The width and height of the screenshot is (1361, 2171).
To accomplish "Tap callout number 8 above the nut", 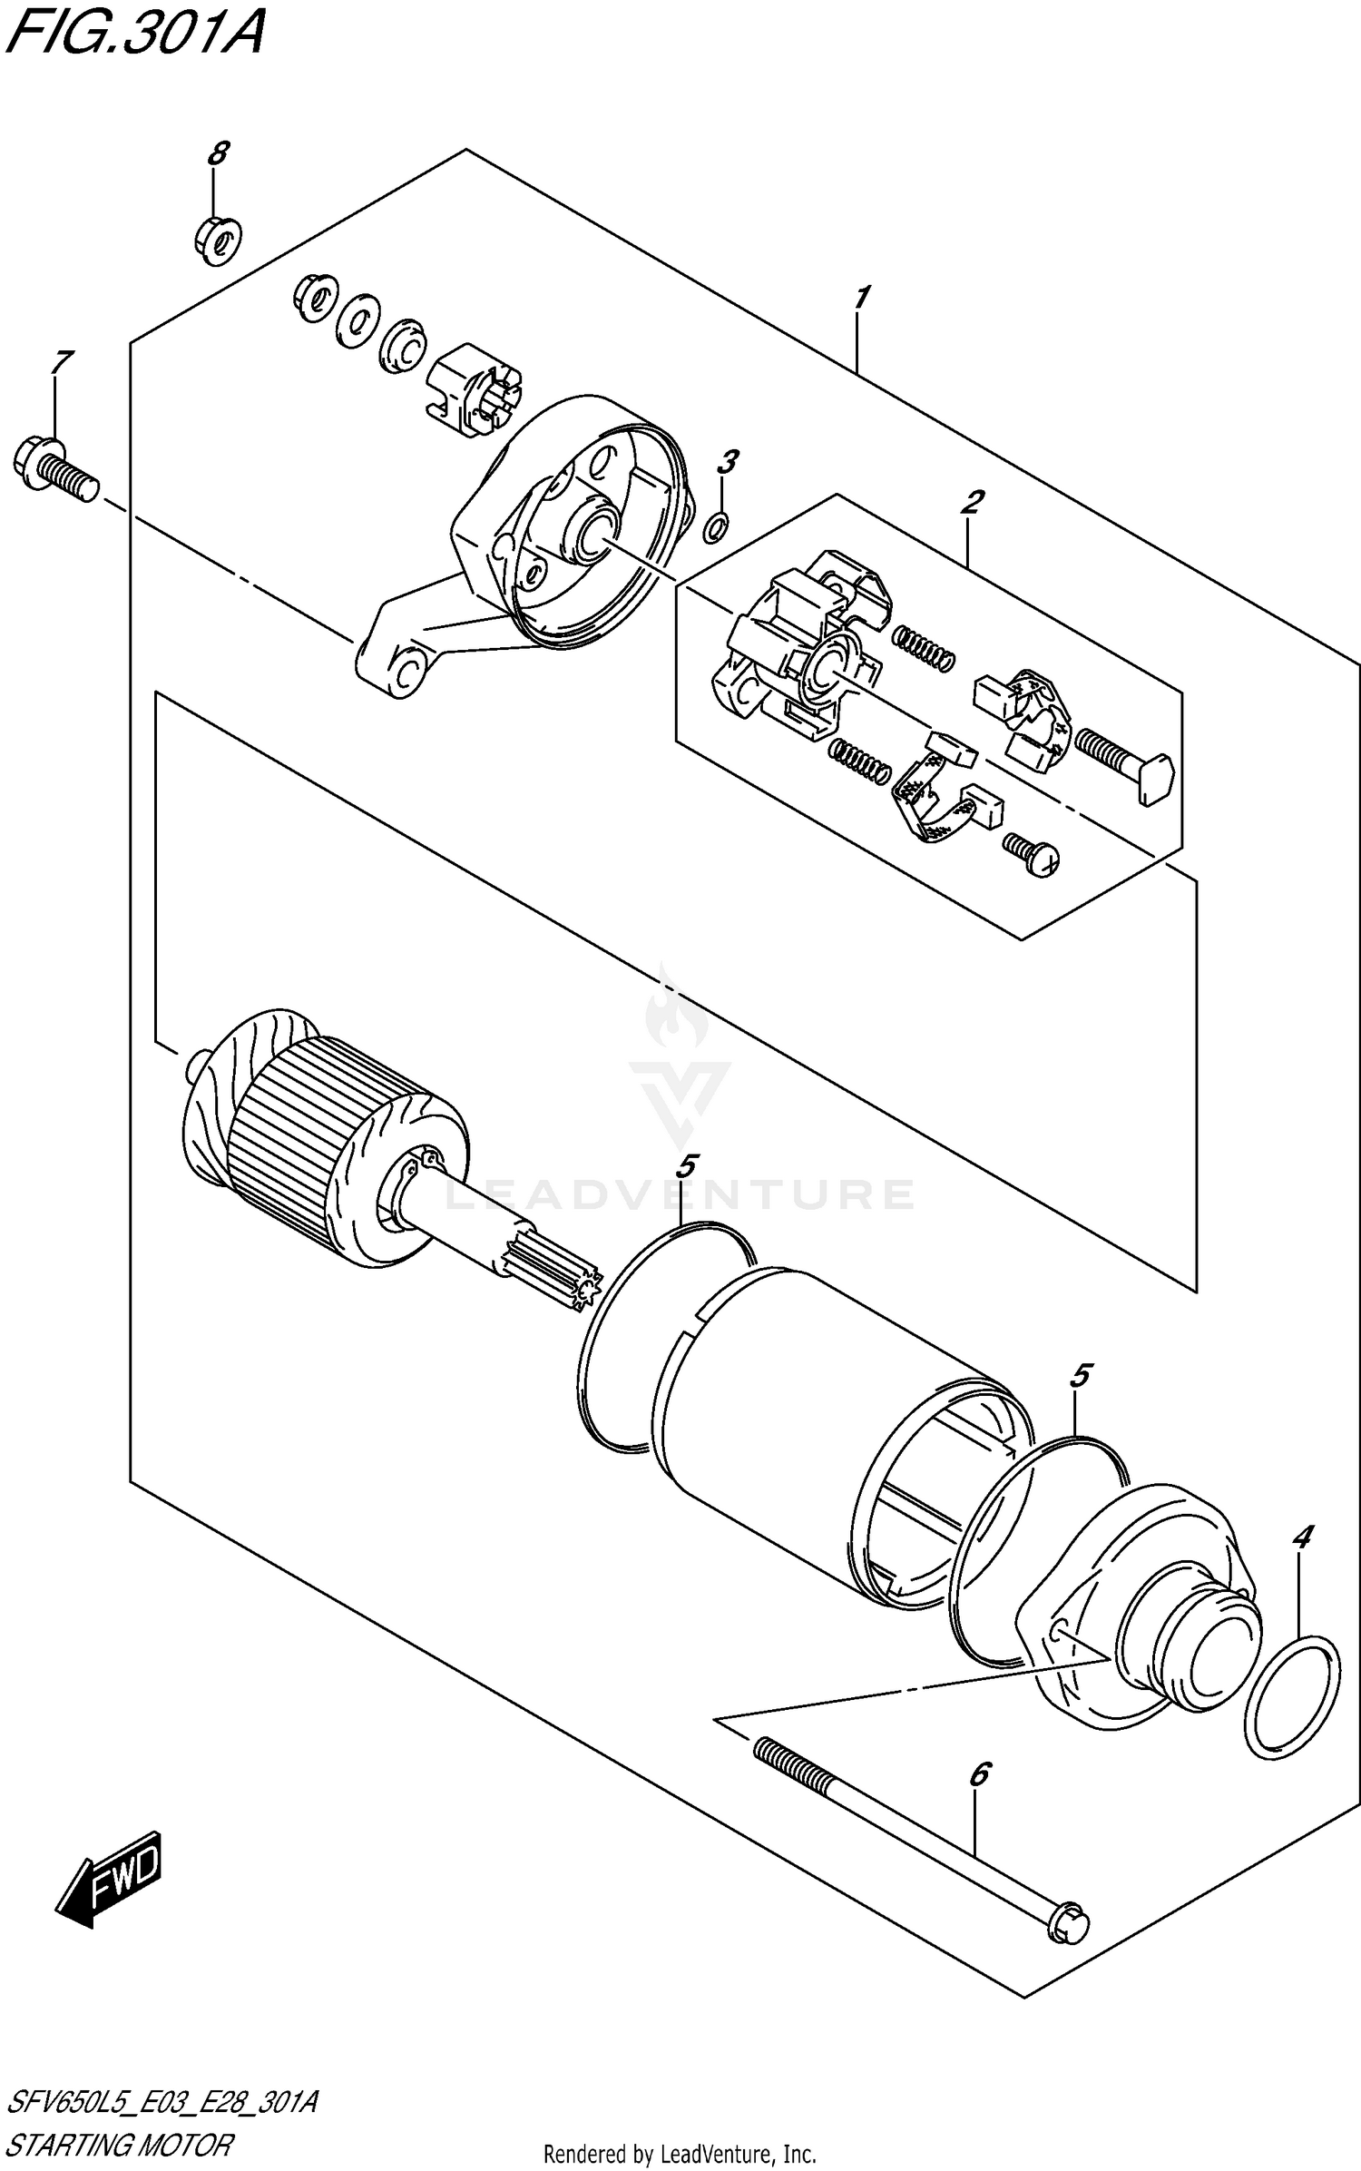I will (x=217, y=153).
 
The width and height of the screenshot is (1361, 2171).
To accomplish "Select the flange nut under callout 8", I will (x=217, y=241).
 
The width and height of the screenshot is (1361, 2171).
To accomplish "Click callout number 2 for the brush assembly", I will (x=973, y=500).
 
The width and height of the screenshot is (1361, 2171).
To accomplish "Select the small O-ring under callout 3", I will (x=716, y=526).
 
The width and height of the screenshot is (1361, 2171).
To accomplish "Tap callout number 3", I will (x=728, y=462).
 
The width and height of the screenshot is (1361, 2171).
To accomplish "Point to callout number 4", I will (x=1302, y=1537).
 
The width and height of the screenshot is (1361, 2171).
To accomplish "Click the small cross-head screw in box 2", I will (x=1033, y=854).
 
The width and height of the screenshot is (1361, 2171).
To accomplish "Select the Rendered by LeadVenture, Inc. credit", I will (x=680, y=2150).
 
